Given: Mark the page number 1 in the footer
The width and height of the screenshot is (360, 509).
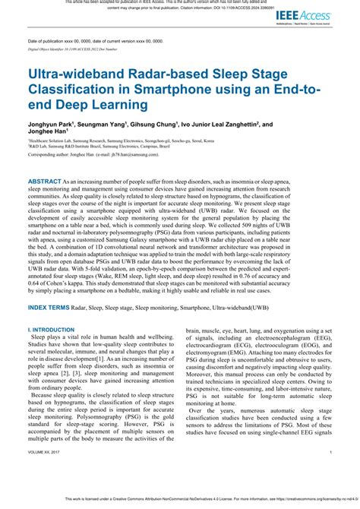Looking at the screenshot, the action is tap(332, 472).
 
